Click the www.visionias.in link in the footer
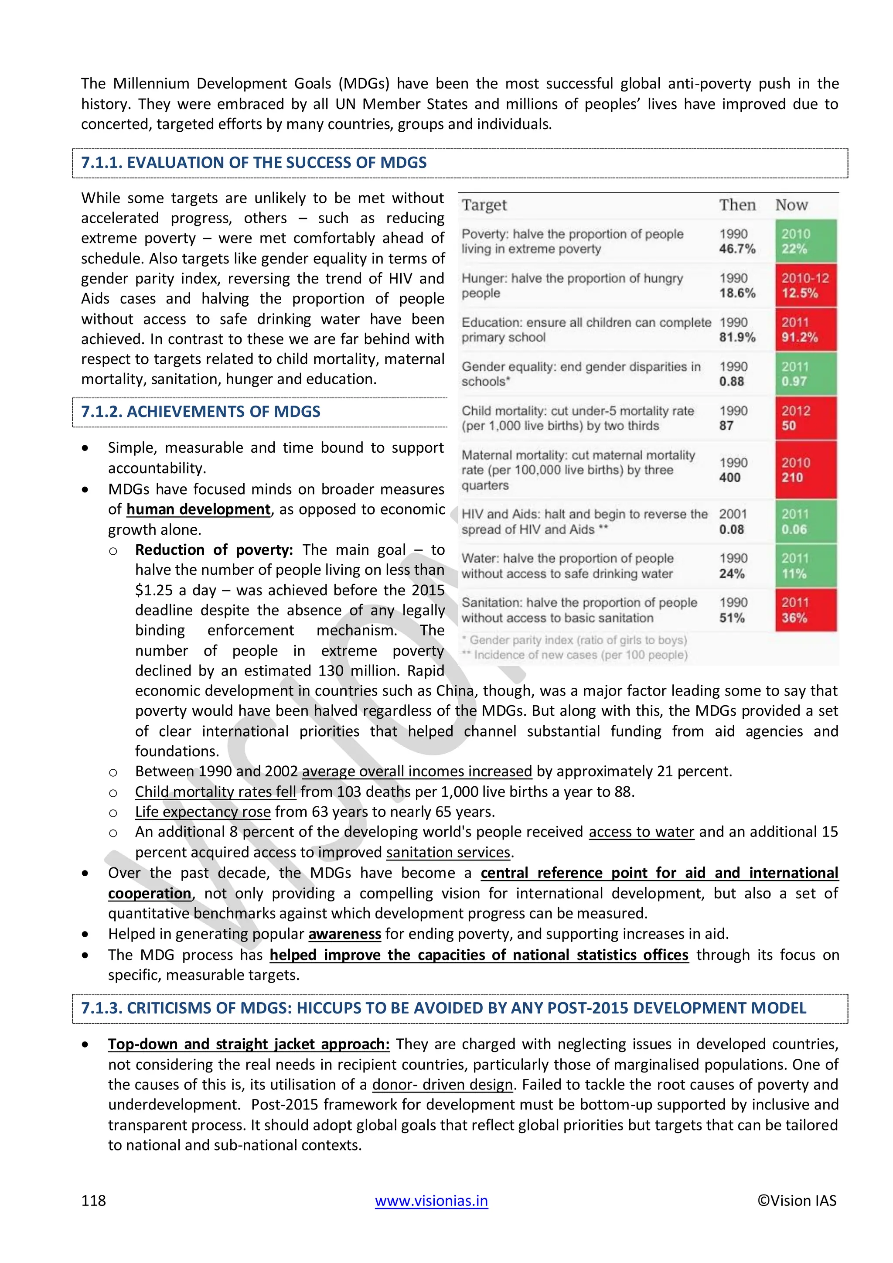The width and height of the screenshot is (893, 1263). coord(431,1200)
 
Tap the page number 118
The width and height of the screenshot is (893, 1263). coord(93,1200)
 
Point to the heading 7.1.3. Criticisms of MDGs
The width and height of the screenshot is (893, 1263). coord(443,1008)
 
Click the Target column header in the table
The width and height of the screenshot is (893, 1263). coord(484,205)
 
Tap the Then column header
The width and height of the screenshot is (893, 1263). coord(737,205)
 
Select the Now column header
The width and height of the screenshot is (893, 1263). coord(791,205)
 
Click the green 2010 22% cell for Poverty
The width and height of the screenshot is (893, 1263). coord(805,241)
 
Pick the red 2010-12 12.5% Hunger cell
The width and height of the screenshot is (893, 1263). coord(805,286)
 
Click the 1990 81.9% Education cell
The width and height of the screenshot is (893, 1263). coord(737,330)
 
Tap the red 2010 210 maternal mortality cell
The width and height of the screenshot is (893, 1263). coord(805,470)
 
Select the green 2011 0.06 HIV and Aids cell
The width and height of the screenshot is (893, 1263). coord(805,522)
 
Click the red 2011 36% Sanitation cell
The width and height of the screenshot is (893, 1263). coord(805,610)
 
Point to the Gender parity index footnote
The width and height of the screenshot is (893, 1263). coord(575,640)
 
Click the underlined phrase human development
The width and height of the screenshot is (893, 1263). coord(198,509)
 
